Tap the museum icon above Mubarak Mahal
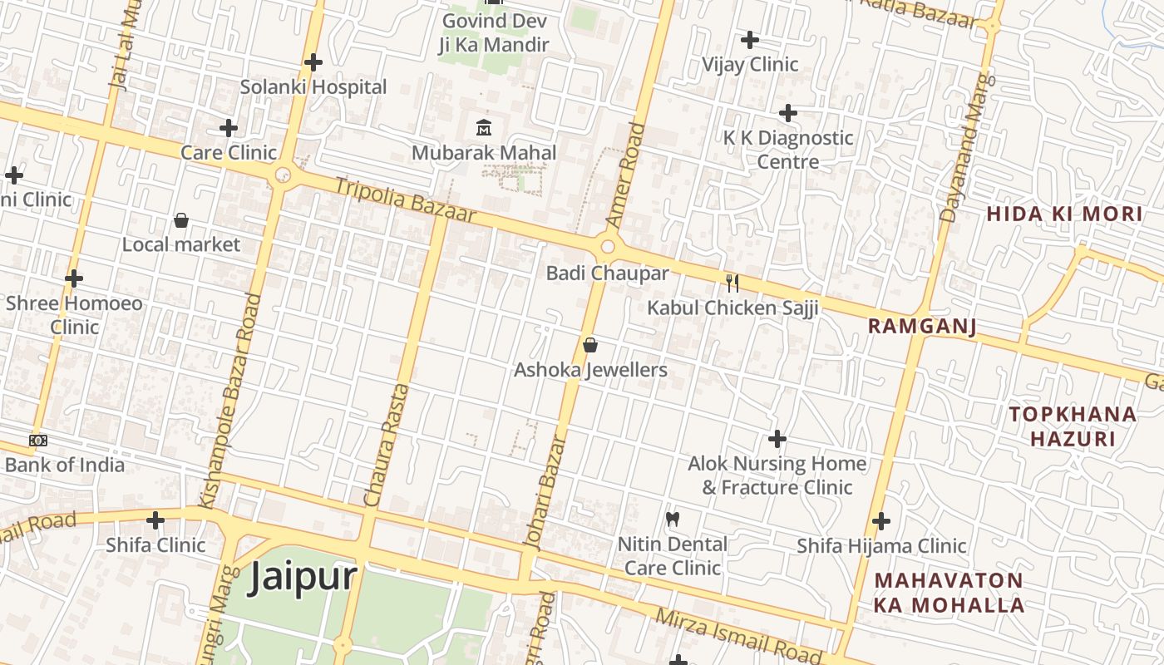pos(483,127)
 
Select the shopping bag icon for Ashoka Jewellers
pos(590,344)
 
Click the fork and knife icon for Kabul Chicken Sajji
pos(732,283)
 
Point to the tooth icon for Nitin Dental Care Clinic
pos(673,520)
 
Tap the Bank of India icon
pos(38,441)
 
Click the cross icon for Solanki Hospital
pos(313,62)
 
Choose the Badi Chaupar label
pos(607,273)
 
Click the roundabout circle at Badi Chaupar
pos(607,247)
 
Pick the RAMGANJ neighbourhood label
pos(922,326)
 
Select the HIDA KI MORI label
pos(1064,214)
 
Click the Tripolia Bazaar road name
pos(405,200)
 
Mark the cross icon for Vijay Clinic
pos(750,39)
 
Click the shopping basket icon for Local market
pos(180,220)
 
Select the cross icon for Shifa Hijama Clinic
pos(881,521)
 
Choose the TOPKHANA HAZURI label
pos(1073,426)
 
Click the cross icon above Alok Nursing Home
pos(777,438)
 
